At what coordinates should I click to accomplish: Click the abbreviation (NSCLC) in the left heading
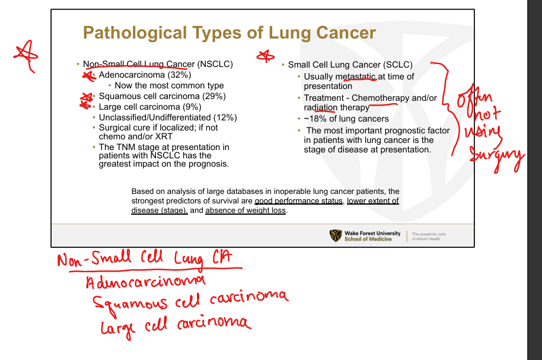coord(215,64)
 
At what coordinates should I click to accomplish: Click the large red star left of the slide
coord(26,56)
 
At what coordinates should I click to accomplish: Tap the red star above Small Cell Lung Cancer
coord(266,56)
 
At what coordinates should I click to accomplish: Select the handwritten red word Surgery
coord(497,158)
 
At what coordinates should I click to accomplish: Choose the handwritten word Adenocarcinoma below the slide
coord(145,281)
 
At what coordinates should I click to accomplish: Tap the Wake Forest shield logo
coord(335,235)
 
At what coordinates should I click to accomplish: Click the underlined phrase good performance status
coord(298,201)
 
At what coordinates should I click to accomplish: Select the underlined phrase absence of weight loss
coord(246,211)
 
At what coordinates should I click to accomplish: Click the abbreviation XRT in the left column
coord(164,136)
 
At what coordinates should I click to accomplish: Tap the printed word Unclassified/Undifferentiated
coord(155,117)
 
